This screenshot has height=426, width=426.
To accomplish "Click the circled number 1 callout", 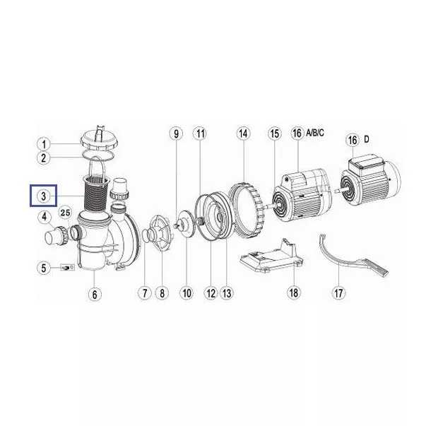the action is pyautogui.click(x=44, y=144).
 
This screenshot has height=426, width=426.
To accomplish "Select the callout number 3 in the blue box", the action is pyautogui.click(x=44, y=196).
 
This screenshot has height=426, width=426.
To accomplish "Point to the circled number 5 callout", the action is pyautogui.click(x=44, y=268).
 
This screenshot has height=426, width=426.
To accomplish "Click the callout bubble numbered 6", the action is pyautogui.click(x=95, y=294).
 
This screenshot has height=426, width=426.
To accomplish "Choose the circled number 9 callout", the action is pyautogui.click(x=177, y=134).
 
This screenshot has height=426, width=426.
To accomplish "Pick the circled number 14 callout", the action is pyautogui.click(x=243, y=134).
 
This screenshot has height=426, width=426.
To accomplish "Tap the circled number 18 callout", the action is pyautogui.click(x=294, y=293).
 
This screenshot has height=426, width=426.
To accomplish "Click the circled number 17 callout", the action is pyautogui.click(x=338, y=293).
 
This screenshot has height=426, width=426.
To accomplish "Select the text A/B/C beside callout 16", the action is pyautogui.click(x=315, y=133).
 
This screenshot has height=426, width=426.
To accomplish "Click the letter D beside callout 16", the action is pyautogui.click(x=367, y=139).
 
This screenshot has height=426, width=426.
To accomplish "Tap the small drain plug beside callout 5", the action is pyautogui.click(x=66, y=268).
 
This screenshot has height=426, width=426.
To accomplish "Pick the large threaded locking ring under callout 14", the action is pyautogui.click(x=247, y=210).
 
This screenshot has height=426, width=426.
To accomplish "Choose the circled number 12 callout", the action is pyautogui.click(x=211, y=293).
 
